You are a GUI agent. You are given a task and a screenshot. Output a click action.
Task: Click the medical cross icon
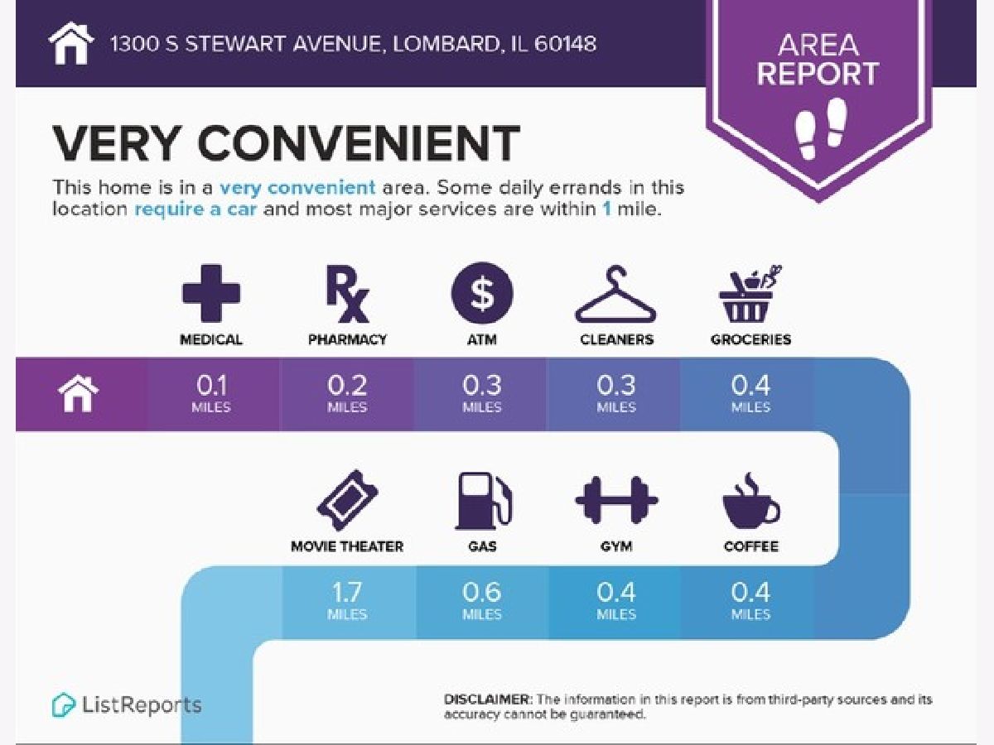pos(211,293)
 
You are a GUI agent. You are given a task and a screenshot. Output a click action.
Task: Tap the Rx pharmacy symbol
pos(347,294)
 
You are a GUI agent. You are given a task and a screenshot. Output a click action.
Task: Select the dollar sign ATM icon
pos(482,293)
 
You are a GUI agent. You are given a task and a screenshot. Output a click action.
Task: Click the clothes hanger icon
pos(616,294)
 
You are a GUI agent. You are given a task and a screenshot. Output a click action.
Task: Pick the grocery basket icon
pos(750,294)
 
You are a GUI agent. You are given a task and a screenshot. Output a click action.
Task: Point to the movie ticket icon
pos(347,500)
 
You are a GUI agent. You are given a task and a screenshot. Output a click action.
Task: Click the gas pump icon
pos(483,501)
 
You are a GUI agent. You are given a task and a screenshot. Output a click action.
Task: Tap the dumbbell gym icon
pos(616,500)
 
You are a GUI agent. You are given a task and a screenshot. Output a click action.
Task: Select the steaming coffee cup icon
pos(750,501)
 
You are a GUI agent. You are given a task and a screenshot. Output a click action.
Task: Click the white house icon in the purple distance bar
pos(79,393)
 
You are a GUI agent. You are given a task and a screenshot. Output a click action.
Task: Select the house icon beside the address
pos(71,43)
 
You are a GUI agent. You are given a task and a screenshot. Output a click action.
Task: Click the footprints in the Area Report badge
pos(821,128)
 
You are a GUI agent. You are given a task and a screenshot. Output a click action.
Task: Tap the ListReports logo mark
pos(63,704)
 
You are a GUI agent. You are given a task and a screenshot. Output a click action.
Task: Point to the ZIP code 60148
pos(565,44)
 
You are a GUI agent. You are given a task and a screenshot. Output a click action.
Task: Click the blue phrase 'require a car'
pos(195,209)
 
